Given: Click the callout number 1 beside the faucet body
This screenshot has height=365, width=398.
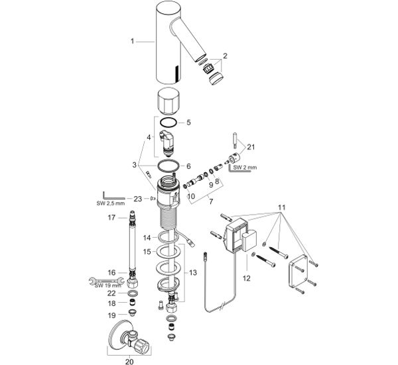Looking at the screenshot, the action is point(132,41).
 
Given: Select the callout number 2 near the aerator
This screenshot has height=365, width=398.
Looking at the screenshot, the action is point(225,56).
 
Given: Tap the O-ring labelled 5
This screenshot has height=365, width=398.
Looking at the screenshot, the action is point(169,123).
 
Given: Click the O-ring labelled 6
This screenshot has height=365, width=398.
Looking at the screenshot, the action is point(168,166).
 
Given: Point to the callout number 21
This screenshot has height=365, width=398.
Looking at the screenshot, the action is point(251,147).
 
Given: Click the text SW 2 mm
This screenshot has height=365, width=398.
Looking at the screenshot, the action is point(245,168).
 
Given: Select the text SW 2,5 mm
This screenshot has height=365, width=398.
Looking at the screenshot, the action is point(111,203).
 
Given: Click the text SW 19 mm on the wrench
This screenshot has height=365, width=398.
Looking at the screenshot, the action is point(108,286).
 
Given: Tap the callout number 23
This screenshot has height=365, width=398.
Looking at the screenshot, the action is point(138,199).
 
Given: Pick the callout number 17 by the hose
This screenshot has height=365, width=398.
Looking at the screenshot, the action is point(111,217).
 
